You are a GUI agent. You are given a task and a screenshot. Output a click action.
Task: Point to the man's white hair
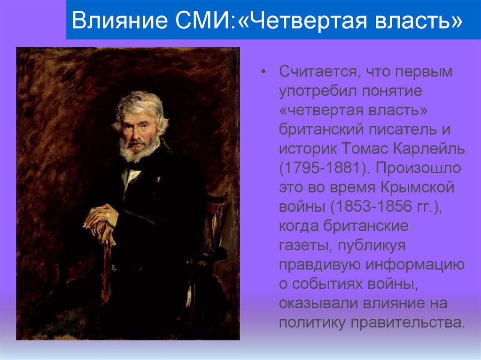pyautogui.click(x=141, y=101)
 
